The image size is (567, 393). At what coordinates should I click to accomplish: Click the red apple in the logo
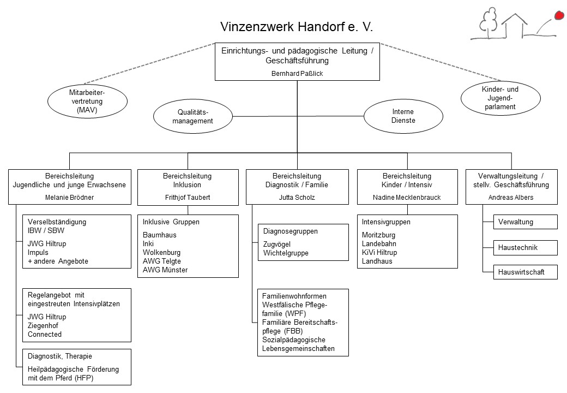point(559,15)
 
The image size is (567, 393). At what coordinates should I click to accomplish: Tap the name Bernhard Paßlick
point(297,74)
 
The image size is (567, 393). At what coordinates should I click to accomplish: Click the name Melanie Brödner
point(69,197)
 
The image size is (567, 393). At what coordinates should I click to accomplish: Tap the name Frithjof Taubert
point(188,197)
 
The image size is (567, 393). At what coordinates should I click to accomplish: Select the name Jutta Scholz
point(297,197)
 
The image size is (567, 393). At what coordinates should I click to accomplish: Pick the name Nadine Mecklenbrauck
point(407,197)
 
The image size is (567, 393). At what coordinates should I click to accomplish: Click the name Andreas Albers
point(511,197)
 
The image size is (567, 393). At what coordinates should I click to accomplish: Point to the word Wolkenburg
point(161,252)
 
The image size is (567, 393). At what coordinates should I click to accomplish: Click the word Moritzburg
point(378,235)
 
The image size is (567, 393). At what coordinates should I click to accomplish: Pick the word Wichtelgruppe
point(286,253)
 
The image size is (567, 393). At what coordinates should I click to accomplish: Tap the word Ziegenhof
point(43,325)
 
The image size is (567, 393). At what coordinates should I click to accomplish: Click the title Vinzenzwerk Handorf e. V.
point(297,27)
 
